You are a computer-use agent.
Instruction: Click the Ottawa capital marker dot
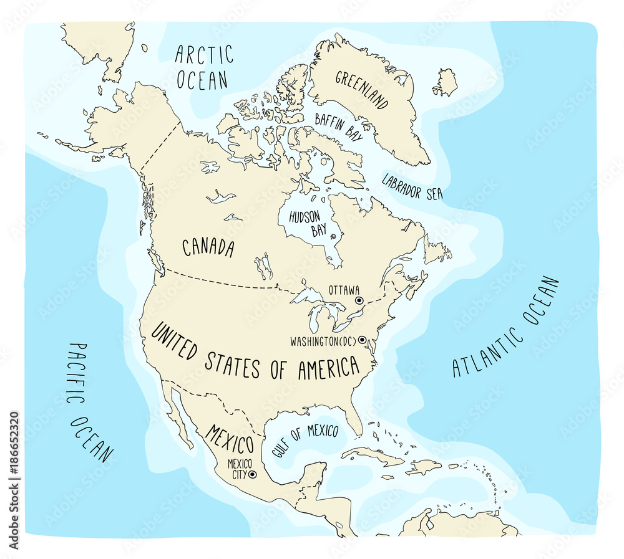[359, 300]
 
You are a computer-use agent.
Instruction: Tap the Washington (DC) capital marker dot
[361, 340]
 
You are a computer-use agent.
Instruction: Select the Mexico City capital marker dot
[252, 474]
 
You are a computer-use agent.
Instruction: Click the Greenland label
[363, 90]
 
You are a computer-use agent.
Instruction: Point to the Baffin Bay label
[338, 127]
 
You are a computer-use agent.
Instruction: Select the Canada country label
[208, 247]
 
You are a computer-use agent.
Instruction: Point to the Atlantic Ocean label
[506, 327]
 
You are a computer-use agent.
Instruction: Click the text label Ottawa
[343, 290]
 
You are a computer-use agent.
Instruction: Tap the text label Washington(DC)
[322, 342]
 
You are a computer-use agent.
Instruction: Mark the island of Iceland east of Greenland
[446, 83]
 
